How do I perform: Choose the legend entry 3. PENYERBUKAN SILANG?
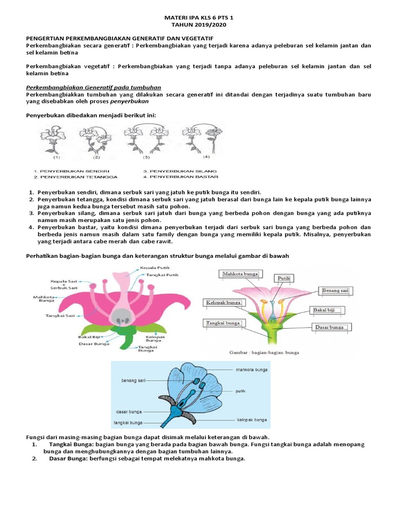point(180,170)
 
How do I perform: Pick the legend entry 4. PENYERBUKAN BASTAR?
point(181,177)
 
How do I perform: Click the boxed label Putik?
point(284,278)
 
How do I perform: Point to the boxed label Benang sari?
point(336,291)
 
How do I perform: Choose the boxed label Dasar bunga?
point(329,327)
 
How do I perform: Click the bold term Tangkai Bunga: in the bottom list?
point(71,445)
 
